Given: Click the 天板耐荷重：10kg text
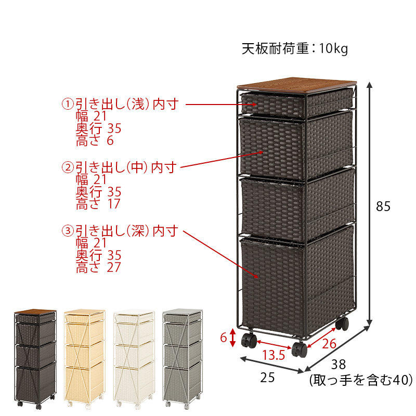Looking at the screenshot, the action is tap(294, 49).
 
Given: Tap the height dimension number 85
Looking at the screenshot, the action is tap(383, 206).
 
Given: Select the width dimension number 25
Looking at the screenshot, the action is tap(267, 378).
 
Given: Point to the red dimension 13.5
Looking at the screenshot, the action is tap(274, 355).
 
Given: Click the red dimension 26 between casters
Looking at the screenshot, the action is tap(329, 344).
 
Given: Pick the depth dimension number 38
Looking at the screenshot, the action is tap(339, 365).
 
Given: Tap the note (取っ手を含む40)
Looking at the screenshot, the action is tap(361, 380).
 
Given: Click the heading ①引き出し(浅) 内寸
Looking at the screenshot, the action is tap(120, 104).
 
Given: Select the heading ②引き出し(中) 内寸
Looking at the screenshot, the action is tap(119, 167).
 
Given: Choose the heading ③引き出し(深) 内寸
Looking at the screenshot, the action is tap(120, 231).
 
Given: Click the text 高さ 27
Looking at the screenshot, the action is tap(98, 267).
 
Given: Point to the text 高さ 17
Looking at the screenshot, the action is tap(98, 204).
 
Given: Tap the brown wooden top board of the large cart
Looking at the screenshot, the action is tap(296, 85).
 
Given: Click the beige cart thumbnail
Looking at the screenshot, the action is tap(85, 358).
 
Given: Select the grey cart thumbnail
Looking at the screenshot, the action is tap(183, 358).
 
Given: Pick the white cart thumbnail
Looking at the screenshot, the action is tap(134, 358).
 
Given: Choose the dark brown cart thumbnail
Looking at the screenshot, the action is tap(35, 359).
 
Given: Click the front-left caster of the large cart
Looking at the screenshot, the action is tap(249, 341).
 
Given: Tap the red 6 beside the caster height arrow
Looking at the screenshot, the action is tap(224, 337).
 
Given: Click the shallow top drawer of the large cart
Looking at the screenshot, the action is tap(274, 105).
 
